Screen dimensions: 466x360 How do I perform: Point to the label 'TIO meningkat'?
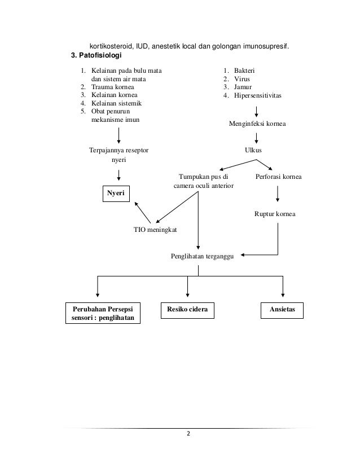pos(155,230)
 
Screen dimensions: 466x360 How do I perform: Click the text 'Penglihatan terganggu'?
pos(205,256)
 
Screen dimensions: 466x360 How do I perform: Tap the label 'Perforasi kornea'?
pos(279,177)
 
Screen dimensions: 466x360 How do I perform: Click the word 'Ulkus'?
pos(253,151)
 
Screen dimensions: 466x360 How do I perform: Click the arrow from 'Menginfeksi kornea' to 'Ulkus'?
pos(257,137)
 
